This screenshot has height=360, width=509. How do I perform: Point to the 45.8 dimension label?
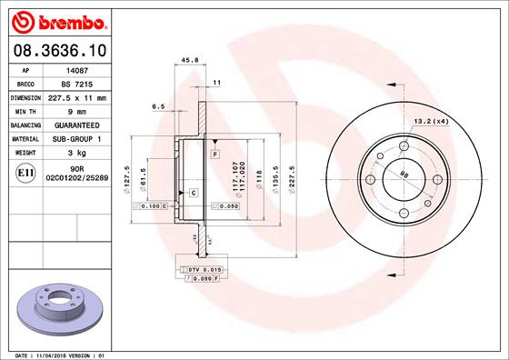(191, 62)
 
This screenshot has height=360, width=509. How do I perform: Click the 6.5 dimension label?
(158, 106)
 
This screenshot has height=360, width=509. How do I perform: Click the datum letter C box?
(194, 193)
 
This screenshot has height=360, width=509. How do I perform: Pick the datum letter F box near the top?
(215, 155)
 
